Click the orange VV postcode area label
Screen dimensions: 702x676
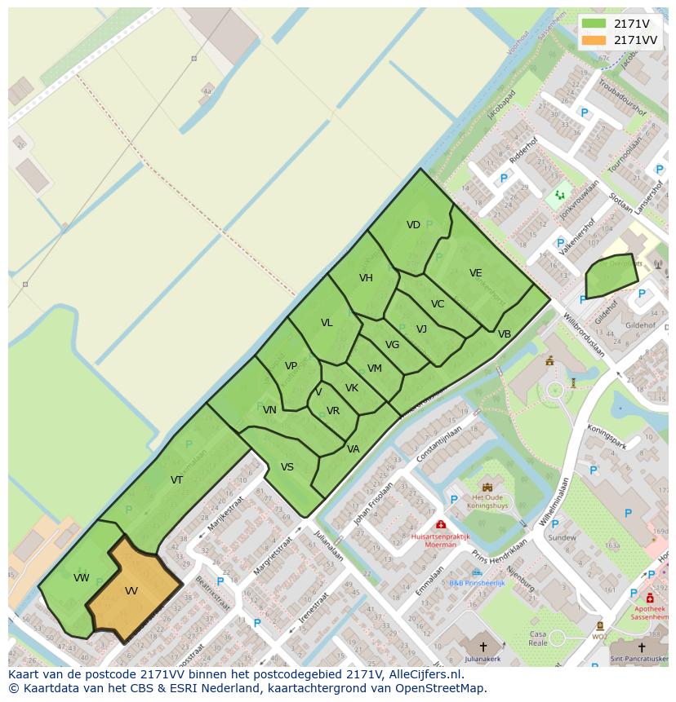pos(131,590)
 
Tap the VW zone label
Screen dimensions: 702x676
pos(81,578)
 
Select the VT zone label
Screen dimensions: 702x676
pos(176,480)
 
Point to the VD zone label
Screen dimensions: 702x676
pos(413,225)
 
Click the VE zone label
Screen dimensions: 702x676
pos(476,273)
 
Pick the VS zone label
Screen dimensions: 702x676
pos(287,467)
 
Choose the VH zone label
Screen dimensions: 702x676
pos(366,278)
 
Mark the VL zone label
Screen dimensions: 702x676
pos(327,323)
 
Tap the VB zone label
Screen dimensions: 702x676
pos(505,334)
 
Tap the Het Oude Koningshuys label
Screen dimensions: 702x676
pos(487,500)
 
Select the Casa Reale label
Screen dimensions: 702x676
pos(538,638)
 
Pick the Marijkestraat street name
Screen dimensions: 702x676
pos(225,514)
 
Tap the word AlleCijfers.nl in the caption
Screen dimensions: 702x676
pos(426,674)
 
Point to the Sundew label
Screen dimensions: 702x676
pos(562,537)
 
